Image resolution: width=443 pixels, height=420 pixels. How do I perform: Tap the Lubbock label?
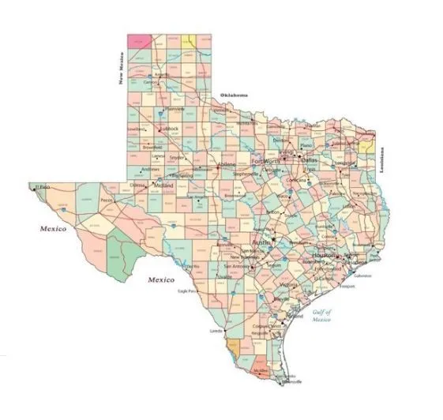pyautogui.click(x=169, y=129)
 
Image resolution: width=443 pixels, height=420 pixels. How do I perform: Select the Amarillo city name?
pyautogui.click(x=162, y=76)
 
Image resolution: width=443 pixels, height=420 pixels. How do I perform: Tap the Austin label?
pyautogui.click(x=261, y=243)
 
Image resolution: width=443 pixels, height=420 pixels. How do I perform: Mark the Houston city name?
pyautogui.click(x=324, y=257)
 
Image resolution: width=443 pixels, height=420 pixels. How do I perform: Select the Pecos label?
pyautogui.click(x=108, y=201)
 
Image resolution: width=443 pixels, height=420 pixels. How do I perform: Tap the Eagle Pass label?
pyautogui.click(x=187, y=292)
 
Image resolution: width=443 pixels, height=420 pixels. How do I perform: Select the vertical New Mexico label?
pyautogui.click(x=122, y=68)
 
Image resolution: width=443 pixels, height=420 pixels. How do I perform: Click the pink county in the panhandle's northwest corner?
pyautogui.click(x=140, y=40)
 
